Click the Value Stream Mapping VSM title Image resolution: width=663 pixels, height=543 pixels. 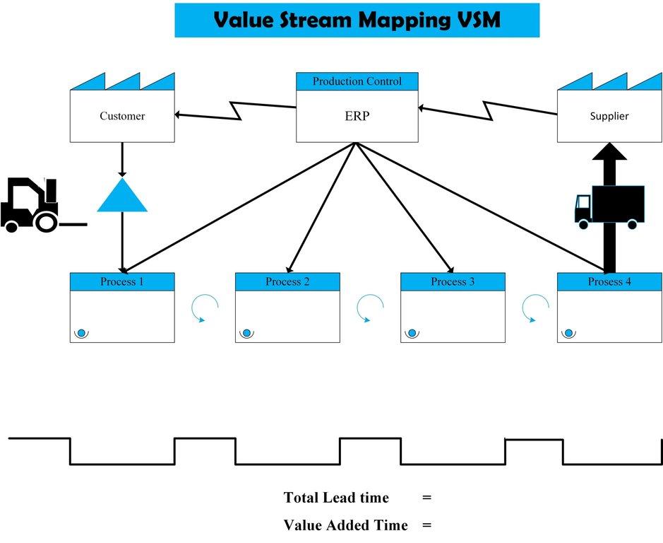(357, 20)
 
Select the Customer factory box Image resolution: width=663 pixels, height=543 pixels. (122, 115)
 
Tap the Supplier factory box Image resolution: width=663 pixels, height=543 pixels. (609, 115)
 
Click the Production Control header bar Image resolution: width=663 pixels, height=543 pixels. (357, 81)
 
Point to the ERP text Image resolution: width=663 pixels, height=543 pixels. (357, 116)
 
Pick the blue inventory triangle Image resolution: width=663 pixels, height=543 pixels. (122, 197)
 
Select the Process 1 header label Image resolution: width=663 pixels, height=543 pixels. (122, 281)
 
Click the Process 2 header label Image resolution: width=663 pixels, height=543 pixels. (287, 281)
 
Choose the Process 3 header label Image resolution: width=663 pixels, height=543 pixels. (453, 281)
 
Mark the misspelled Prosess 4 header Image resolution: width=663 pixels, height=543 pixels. (609, 281)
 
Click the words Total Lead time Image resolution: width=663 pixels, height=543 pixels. (336, 498)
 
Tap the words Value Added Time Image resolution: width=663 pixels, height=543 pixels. (345, 525)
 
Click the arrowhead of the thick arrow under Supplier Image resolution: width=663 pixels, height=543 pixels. (609, 152)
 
